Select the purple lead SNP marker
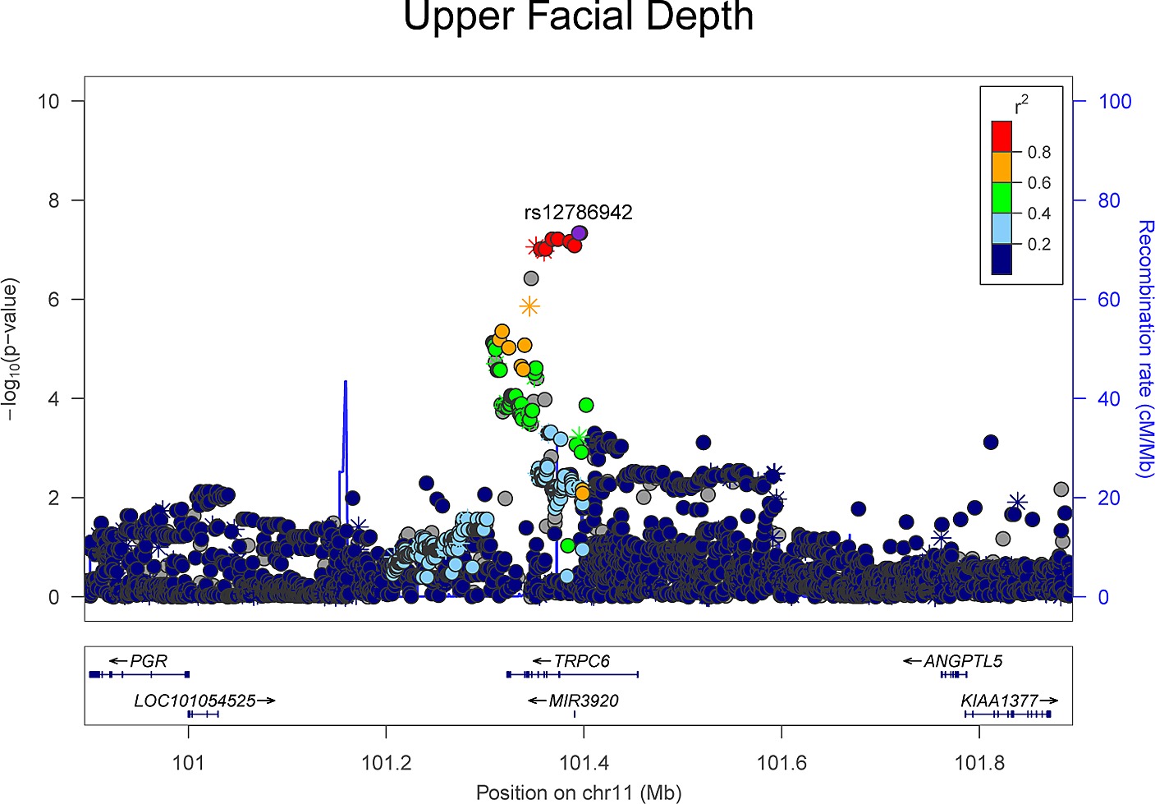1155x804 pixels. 580,233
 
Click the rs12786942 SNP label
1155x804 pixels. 578,213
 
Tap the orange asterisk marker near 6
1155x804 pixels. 529,306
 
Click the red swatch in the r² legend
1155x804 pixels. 1001,136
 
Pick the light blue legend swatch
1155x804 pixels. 1001,228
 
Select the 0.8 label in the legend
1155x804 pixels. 1038,153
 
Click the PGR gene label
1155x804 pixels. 149,661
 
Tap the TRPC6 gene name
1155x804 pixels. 581,661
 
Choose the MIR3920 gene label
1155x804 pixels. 584,701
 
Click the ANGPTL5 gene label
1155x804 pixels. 962,661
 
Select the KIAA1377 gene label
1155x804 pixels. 999,701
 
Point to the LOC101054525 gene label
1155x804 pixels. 195,701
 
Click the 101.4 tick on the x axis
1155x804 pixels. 584,763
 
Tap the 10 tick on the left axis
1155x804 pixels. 48,101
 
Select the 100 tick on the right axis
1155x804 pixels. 1114,102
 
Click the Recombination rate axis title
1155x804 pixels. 1144,349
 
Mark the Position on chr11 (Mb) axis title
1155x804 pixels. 578,793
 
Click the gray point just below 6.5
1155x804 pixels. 531,278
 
